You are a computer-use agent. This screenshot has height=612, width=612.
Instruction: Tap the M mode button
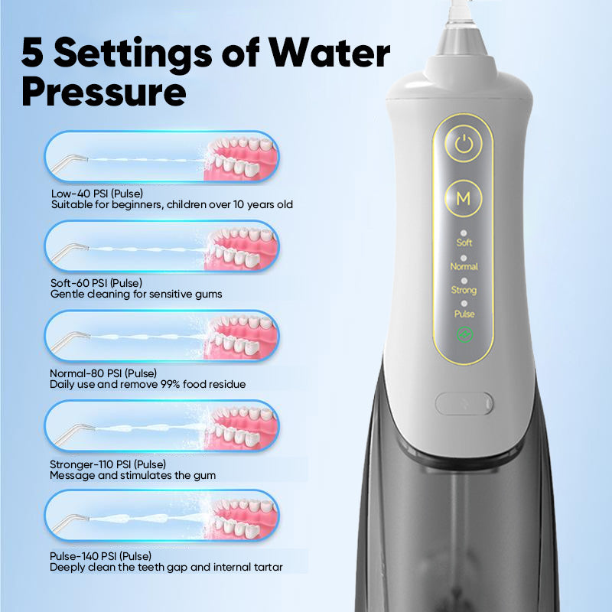pyautogui.click(x=464, y=198)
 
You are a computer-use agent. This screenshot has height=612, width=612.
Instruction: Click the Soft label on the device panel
pyautogui.click(x=464, y=243)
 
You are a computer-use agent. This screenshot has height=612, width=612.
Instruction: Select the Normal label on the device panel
pyautogui.click(x=464, y=266)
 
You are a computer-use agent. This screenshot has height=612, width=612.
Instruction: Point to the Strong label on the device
pyautogui.click(x=464, y=290)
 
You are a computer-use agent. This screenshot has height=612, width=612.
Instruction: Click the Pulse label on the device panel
pyautogui.click(x=464, y=314)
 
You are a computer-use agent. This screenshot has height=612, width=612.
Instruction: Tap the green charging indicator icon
pyautogui.click(x=464, y=334)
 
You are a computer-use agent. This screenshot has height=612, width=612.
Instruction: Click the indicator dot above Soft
pyautogui.click(x=464, y=233)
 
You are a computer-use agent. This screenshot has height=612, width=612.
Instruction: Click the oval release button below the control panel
pyautogui.click(x=464, y=403)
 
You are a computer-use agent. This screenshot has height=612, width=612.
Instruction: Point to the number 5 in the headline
pyautogui.click(x=32, y=52)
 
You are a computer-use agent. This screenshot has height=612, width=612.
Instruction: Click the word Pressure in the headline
pyautogui.click(x=104, y=92)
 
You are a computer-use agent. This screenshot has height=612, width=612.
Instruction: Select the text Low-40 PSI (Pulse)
pyautogui.click(x=97, y=194)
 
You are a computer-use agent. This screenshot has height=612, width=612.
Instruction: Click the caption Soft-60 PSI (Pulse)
pyautogui.click(x=96, y=283)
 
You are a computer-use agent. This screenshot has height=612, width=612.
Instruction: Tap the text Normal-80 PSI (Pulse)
pyautogui.click(x=103, y=373)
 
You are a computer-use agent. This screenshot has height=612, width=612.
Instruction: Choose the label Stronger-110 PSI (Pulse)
pyautogui.click(x=108, y=464)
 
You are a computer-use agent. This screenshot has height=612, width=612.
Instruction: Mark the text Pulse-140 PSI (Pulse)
pyautogui.click(x=100, y=556)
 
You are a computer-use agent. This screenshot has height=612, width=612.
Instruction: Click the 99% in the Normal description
pyautogui.click(x=170, y=384)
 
